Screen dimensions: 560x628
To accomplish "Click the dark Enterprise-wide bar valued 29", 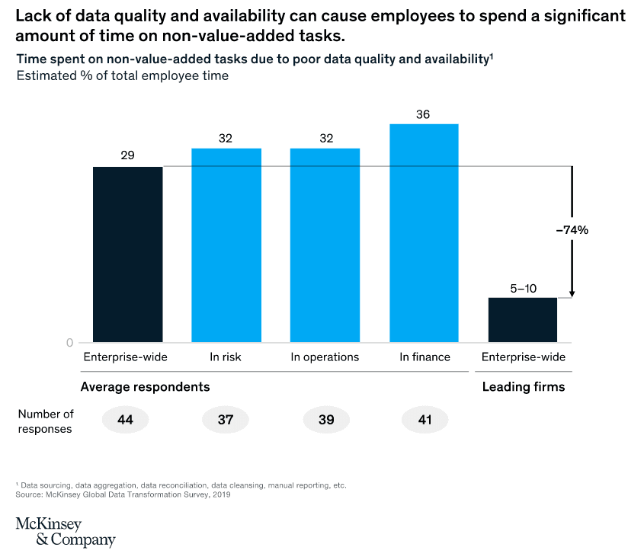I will pos(127,254).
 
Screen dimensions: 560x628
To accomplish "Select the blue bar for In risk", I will pos(226,245).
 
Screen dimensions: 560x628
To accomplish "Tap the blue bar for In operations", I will pos(325,245).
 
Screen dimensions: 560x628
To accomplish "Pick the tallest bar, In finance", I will pos(424,232).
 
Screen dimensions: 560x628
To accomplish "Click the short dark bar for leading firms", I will pos(523,319).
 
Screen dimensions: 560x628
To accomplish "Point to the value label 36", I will pos(424,114).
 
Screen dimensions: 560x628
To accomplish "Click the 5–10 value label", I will pos(523,288).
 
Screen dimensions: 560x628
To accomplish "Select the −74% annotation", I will pos(572,229).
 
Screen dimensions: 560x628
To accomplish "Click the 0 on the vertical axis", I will pos(69,342).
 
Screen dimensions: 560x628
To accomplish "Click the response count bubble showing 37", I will pos(226,420).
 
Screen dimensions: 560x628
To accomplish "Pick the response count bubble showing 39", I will pos(325,420).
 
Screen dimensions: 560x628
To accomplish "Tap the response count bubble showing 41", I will pos(425,420).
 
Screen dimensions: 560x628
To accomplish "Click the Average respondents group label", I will pos(145,387).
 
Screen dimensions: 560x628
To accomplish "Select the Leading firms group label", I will pos(524,387).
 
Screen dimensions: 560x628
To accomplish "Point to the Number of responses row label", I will pos(46,421).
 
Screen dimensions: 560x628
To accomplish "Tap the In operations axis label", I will pos(325,357).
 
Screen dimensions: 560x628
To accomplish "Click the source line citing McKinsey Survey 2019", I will pos(123,494).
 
